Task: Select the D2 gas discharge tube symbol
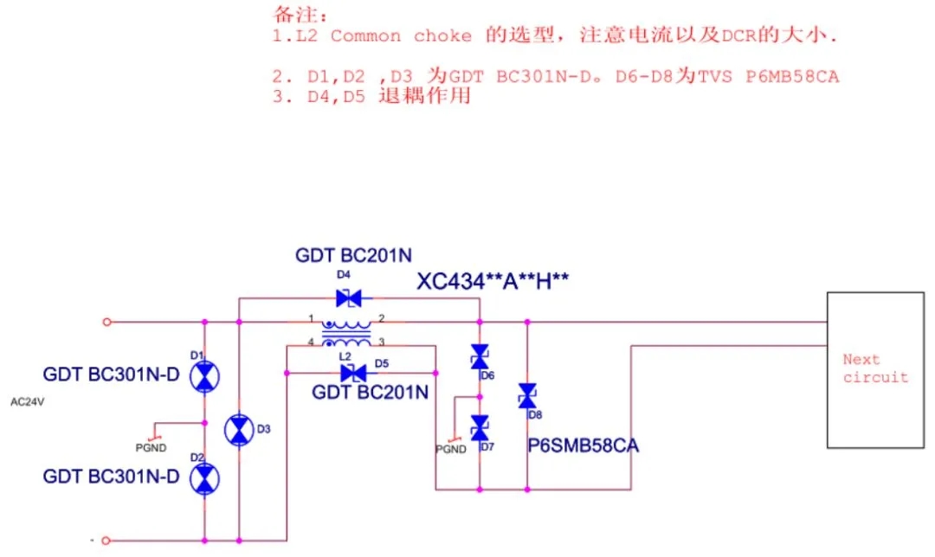pos(204,478)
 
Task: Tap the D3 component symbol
pos(238,430)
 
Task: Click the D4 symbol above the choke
pos(348,298)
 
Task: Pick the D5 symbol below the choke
pos(352,373)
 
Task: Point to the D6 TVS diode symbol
pos(479,356)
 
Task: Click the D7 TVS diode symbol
pos(479,427)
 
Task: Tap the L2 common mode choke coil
pos(347,333)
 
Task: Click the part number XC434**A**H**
pos(493,281)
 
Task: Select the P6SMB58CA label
pos(583,446)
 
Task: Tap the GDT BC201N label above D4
pos(353,255)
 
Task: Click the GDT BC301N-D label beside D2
pos(111,477)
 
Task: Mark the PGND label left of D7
pos(450,450)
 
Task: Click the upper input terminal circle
pos(106,322)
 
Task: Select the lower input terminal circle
pos(106,541)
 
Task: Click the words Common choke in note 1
pos(401,36)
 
